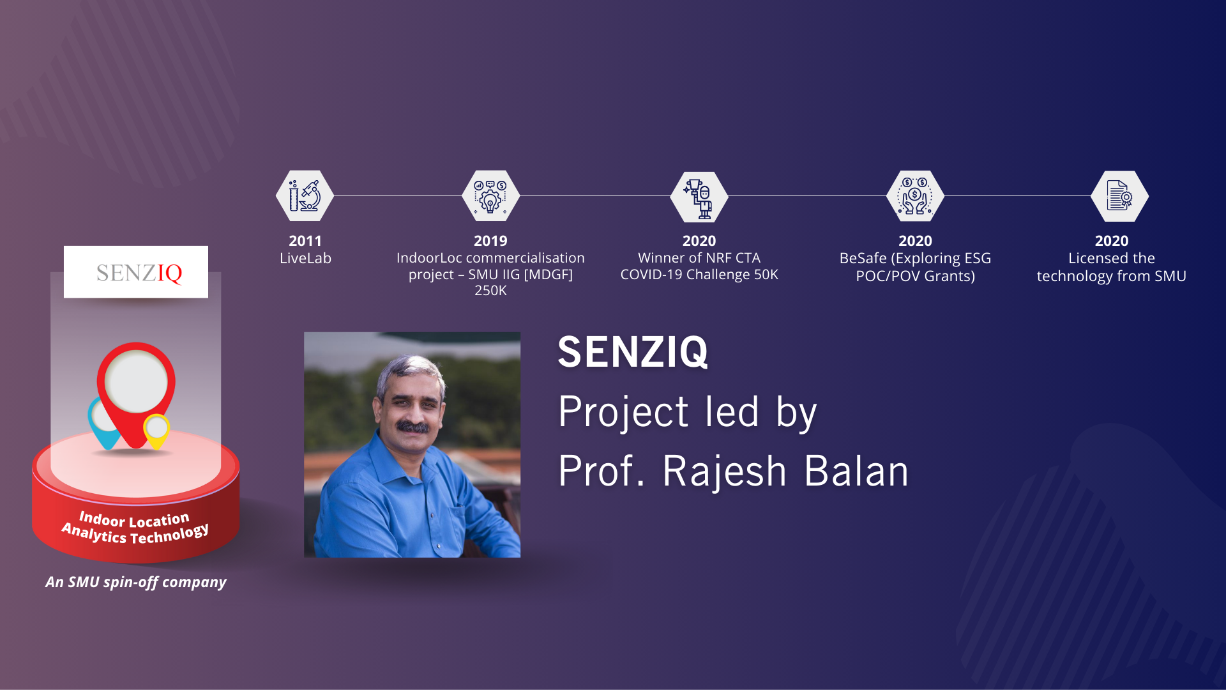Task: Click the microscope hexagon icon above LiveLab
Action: pos(305,195)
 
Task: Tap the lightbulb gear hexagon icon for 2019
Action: pos(490,195)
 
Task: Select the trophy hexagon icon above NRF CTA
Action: pos(699,196)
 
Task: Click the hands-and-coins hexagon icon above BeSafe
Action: pos(915,195)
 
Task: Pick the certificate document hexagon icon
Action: pos(1119,196)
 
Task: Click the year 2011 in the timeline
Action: pos(305,241)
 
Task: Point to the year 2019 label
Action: pos(490,241)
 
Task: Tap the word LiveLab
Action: pos(305,258)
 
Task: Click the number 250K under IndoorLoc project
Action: pos(490,291)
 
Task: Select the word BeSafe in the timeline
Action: pos(863,258)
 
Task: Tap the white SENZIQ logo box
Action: pos(136,272)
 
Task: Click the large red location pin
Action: pos(136,390)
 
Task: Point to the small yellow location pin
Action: pos(156,429)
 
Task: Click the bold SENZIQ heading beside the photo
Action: pos(633,352)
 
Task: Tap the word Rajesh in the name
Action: pos(725,471)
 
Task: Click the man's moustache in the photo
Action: pos(412,426)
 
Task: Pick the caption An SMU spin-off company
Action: pos(136,582)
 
